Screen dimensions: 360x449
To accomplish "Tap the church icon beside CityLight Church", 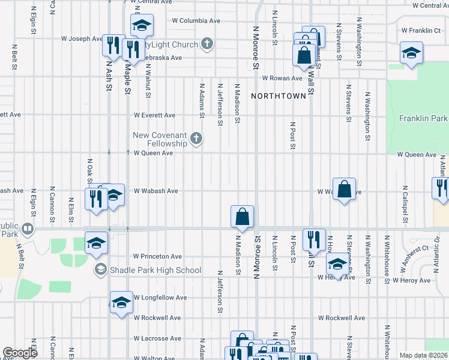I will click(x=206, y=44).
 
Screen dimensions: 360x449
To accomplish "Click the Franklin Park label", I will click(x=424, y=119).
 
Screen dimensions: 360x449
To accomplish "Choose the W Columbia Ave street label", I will click(x=196, y=20).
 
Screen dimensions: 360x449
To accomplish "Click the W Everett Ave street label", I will click(x=154, y=115).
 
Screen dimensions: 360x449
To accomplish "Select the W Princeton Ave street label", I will click(x=157, y=256).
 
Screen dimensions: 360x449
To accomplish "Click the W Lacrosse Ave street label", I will click(x=157, y=338).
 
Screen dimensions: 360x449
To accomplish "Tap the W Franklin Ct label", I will click(x=421, y=30).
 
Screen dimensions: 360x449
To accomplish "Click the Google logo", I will click(x=20, y=353).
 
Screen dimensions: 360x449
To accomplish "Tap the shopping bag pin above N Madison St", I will click(x=242, y=216).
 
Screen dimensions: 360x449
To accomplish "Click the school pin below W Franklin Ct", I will click(x=411, y=52).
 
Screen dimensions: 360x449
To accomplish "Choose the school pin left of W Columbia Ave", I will click(x=142, y=25).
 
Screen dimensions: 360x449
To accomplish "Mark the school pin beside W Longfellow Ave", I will click(x=121, y=302).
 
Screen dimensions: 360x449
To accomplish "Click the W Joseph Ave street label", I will click(x=82, y=39).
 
